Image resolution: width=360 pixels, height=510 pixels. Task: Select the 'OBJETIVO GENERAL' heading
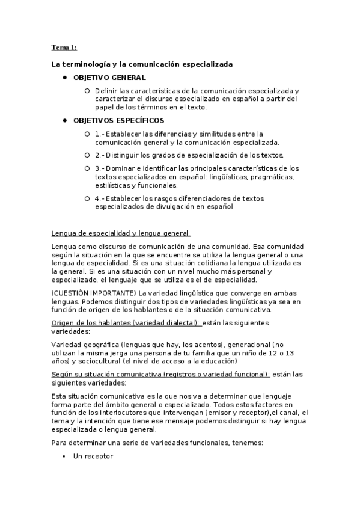click(x=109, y=78)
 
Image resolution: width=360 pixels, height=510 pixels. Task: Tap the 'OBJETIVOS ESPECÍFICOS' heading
click(x=118, y=121)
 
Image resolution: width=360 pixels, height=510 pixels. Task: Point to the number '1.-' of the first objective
click(x=100, y=134)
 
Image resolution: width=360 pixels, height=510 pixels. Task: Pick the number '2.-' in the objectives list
click(x=100, y=155)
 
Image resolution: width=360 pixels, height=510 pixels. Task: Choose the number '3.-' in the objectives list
click(x=100, y=168)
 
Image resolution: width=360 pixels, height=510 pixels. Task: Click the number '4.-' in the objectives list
click(x=100, y=198)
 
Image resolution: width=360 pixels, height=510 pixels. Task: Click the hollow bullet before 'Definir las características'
click(x=87, y=90)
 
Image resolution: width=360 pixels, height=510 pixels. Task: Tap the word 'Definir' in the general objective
click(x=106, y=90)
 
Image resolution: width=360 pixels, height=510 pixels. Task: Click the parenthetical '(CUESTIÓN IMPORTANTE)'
click(x=93, y=293)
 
